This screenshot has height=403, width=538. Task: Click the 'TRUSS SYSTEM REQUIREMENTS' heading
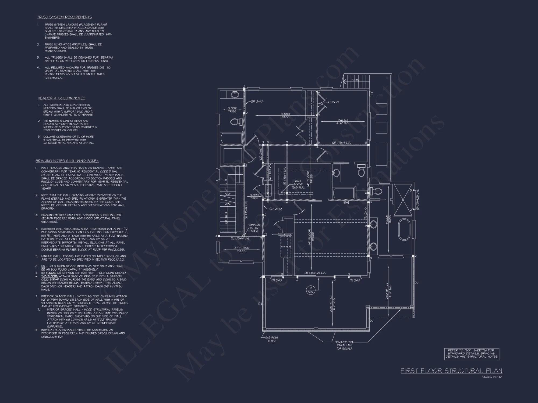(64, 17)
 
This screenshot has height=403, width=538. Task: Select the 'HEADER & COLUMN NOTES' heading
(61, 98)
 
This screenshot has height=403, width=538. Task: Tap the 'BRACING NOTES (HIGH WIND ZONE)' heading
(67, 161)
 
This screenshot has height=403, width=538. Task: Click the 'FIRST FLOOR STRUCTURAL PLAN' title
(451, 371)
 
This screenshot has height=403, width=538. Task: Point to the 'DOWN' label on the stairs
(355, 80)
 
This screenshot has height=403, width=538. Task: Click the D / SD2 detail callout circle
(311, 290)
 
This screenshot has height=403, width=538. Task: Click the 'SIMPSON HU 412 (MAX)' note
(254, 228)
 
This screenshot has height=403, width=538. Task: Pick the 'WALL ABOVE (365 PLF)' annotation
(298, 184)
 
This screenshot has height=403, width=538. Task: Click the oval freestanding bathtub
(403, 229)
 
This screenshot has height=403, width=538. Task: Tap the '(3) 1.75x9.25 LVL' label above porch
(315, 273)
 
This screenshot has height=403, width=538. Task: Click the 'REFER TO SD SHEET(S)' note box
(472, 354)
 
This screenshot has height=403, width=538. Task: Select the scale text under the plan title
(492, 377)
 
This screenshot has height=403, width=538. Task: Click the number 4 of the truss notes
(38, 68)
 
